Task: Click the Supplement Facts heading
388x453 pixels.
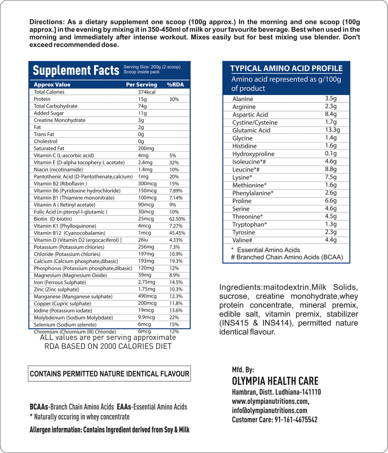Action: pyautogui.click(x=76, y=71)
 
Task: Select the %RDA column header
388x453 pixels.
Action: pyautogui.click(x=175, y=85)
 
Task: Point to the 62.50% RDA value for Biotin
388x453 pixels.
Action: pyautogui.click(x=177, y=219)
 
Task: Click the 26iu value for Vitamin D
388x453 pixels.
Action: pyautogui.click(x=143, y=240)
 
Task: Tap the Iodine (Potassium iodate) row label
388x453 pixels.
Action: pyautogui.click(x=63, y=311)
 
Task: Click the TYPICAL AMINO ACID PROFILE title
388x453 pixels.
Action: pyautogui.click(x=286, y=69)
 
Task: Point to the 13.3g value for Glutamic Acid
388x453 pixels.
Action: pyautogui.click(x=332, y=130)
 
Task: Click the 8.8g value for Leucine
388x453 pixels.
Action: pyautogui.click(x=331, y=169)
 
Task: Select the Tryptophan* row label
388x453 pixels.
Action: pyautogui.click(x=249, y=224)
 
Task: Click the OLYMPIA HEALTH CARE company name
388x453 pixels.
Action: pyautogui.click(x=275, y=381)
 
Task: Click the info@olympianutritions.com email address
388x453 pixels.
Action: pyautogui.click(x=269, y=410)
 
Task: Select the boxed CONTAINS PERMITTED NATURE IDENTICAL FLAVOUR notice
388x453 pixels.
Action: pyautogui.click(x=109, y=374)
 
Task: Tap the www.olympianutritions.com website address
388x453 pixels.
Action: pyautogui.click(x=270, y=401)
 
